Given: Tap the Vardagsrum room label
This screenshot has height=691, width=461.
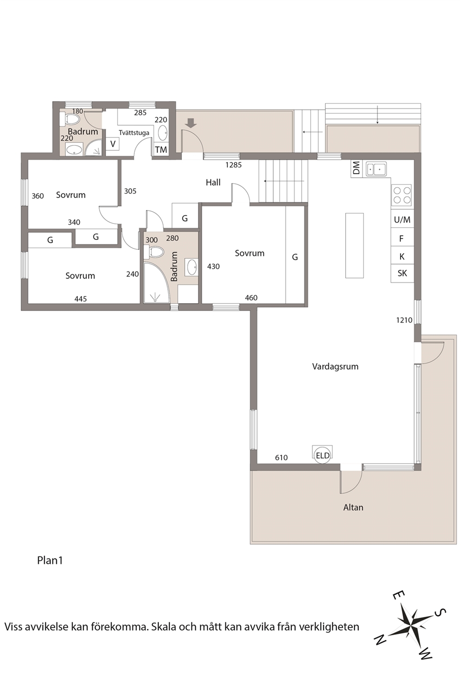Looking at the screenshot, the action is point(335,367).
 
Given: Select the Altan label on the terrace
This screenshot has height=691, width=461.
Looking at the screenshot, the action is point(353,508).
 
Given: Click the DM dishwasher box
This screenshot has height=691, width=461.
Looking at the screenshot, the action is point(356,169).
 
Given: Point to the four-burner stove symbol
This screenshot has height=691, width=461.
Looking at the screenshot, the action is point(402,195).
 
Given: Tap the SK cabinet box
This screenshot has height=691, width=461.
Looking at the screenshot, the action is point(402,274).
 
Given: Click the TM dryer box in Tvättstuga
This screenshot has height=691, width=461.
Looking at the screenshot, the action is point(161,150).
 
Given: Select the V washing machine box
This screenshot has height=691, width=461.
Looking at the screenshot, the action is point(113,144).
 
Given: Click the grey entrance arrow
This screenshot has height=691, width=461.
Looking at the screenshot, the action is point(191,124).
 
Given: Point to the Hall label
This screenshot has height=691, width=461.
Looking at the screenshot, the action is point(213,183).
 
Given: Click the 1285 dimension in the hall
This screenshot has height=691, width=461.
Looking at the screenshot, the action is point(233,165).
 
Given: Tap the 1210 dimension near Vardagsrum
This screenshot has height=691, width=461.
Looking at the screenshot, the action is point(404,320).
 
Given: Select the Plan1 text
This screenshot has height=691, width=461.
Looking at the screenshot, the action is point(50,561).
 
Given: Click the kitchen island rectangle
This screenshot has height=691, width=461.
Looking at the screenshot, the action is point(354,245).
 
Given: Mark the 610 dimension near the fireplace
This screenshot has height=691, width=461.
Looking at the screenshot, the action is point(281,458).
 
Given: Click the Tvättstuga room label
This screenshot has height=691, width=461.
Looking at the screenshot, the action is point(134,133).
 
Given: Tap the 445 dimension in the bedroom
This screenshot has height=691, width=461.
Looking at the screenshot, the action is point(80,299).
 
